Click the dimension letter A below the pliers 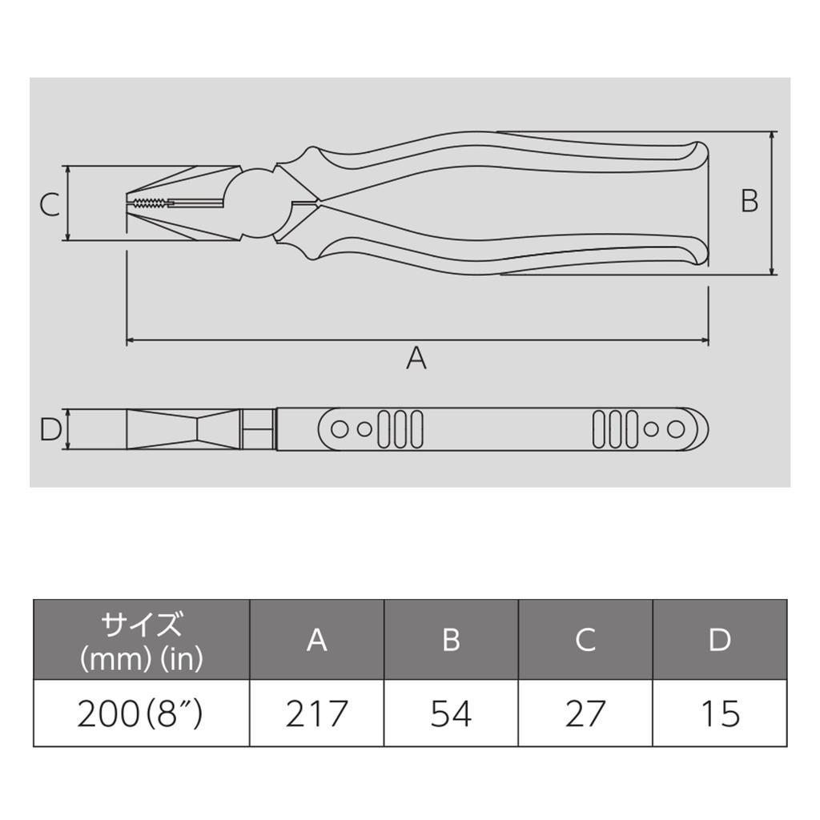click(x=416, y=358)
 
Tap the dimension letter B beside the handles click(x=750, y=200)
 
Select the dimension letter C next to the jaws click(x=50, y=204)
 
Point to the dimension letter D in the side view click(x=50, y=430)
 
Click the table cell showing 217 click(x=317, y=713)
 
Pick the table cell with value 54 click(x=451, y=713)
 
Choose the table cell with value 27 click(x=585, y=713)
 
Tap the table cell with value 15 click(x=720, y=713)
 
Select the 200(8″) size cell click(x=141, y=713)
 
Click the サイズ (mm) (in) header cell click(x=141, y=640)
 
